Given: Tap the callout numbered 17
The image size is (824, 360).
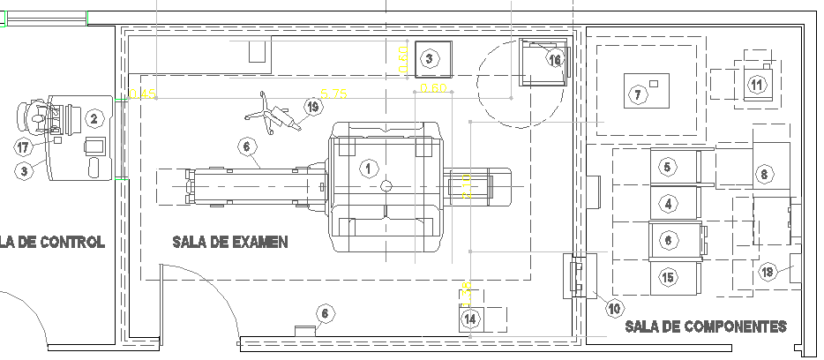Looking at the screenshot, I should coord(25,147).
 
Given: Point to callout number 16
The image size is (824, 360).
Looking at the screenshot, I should coord(554,60).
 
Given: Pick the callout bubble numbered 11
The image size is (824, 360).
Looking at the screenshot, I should coord(757,85).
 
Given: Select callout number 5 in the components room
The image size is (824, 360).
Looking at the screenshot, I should coord(668,166).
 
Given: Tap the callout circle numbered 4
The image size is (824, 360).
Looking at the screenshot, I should coord(668,204).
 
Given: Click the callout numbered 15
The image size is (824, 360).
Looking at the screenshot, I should coord(668,278).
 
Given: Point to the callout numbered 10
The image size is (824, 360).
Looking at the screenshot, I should coord(614,308).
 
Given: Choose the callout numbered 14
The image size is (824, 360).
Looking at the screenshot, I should coord(471,319).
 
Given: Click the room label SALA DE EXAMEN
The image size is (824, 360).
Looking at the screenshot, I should coord(230,242).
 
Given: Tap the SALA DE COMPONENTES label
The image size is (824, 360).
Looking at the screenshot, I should coord(705,326).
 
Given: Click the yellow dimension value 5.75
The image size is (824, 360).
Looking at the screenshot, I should coord(333,93).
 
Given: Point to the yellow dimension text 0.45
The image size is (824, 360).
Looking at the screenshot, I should coord(142,93).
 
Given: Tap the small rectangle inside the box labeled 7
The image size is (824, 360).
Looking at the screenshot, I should coord(655,83).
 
